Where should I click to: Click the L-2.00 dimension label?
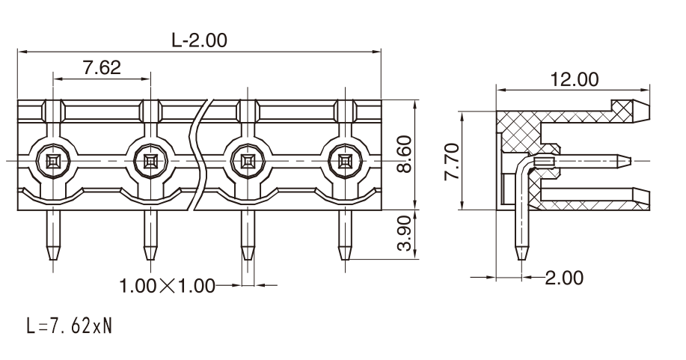[200, 40]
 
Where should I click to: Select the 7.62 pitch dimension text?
[102, 67]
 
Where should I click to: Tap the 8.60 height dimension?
[405, 154]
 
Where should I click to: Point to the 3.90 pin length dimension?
[405, 233]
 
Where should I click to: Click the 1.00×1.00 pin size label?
[168, 286]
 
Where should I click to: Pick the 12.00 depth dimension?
[574, 79]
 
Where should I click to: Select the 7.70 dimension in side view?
[452, 161]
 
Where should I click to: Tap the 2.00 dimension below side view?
[564, 278]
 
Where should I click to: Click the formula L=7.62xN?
[69, 326]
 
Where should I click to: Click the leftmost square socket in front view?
[53, 161]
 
